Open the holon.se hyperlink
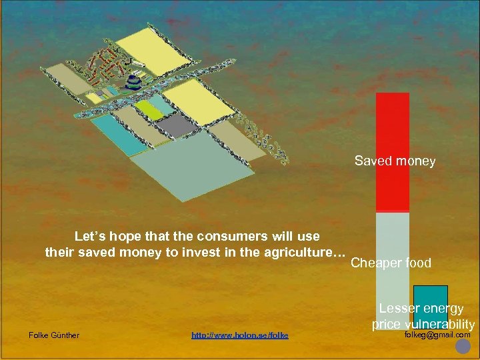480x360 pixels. (239, 335)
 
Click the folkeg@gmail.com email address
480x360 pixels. (437, 335)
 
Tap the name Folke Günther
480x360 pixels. (54, 335)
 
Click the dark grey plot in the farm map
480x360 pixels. (177, 125)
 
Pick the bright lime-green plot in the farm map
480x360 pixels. (149, 109)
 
